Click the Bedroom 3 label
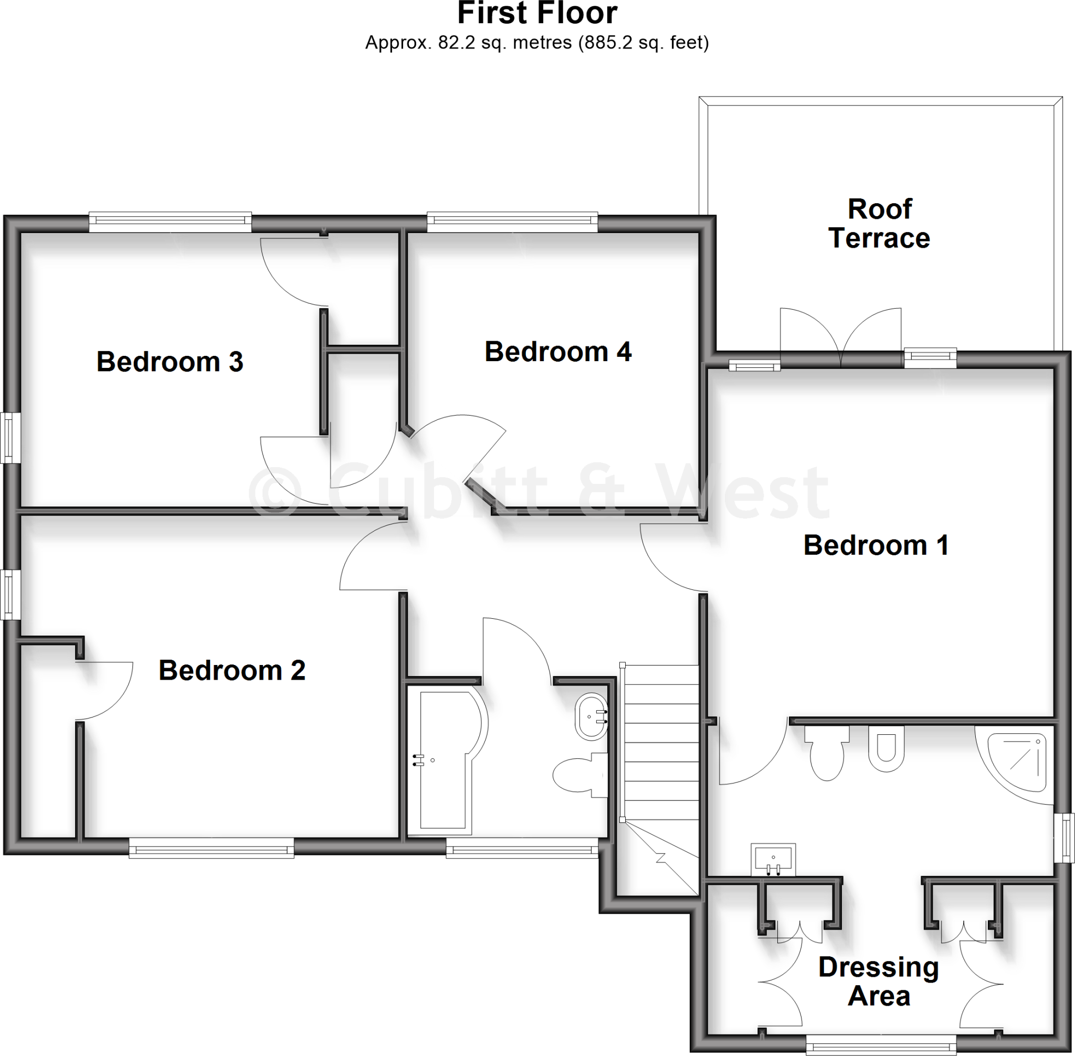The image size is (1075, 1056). [170, 362]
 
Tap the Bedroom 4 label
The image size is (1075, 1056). [557, 352]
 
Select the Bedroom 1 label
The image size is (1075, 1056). [876, 545]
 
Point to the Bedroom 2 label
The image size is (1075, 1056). [232, 670]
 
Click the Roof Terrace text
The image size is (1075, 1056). [880, 224]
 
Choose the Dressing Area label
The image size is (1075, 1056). [879, 981]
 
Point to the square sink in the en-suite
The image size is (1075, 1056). [773, 860]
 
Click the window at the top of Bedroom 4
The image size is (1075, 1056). [512, 223]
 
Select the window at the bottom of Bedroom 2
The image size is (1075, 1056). [212, 848]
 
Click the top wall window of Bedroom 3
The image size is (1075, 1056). [170, 223]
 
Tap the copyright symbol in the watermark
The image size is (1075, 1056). [275, 491]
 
